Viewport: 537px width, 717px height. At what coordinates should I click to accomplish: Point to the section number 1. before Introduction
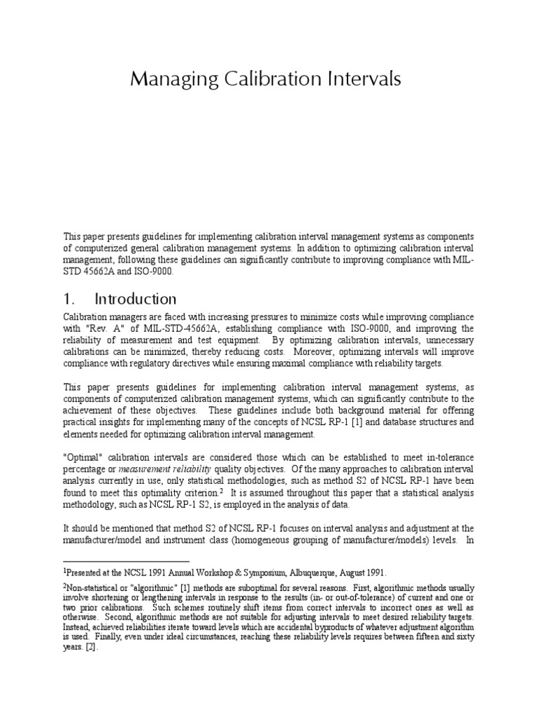click(x=70, y=299)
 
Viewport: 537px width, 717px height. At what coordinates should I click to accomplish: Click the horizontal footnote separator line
click(x=127, y=561)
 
